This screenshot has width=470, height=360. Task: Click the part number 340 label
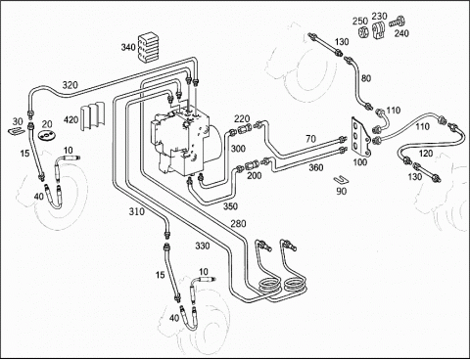[128, 47]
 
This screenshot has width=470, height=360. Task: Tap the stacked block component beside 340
[148, 47]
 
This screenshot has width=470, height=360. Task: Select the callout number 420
[70, 120]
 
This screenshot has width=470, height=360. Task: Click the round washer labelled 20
[47, 134]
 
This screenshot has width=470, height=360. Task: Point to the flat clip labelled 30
[17, 130]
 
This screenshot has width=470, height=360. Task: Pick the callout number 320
[70, 85]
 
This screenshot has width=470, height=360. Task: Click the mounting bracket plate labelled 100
[360, 136]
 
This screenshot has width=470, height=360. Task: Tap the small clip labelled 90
[341, 179]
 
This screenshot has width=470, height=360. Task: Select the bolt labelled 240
[397, 22]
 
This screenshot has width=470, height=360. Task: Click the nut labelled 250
[362, 32]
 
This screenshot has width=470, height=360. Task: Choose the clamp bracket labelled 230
[379, 31]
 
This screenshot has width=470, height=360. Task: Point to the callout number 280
[238, 224]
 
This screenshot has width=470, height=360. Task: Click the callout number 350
[230, 206]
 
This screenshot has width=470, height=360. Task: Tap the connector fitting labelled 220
[246, 129]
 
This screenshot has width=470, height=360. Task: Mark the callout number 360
[316, 167]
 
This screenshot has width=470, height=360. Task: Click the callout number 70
[310, 139]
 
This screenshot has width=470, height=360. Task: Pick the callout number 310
[136, 211]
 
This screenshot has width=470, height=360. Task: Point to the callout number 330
[203, 246]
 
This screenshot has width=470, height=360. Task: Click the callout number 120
[426, 153]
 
